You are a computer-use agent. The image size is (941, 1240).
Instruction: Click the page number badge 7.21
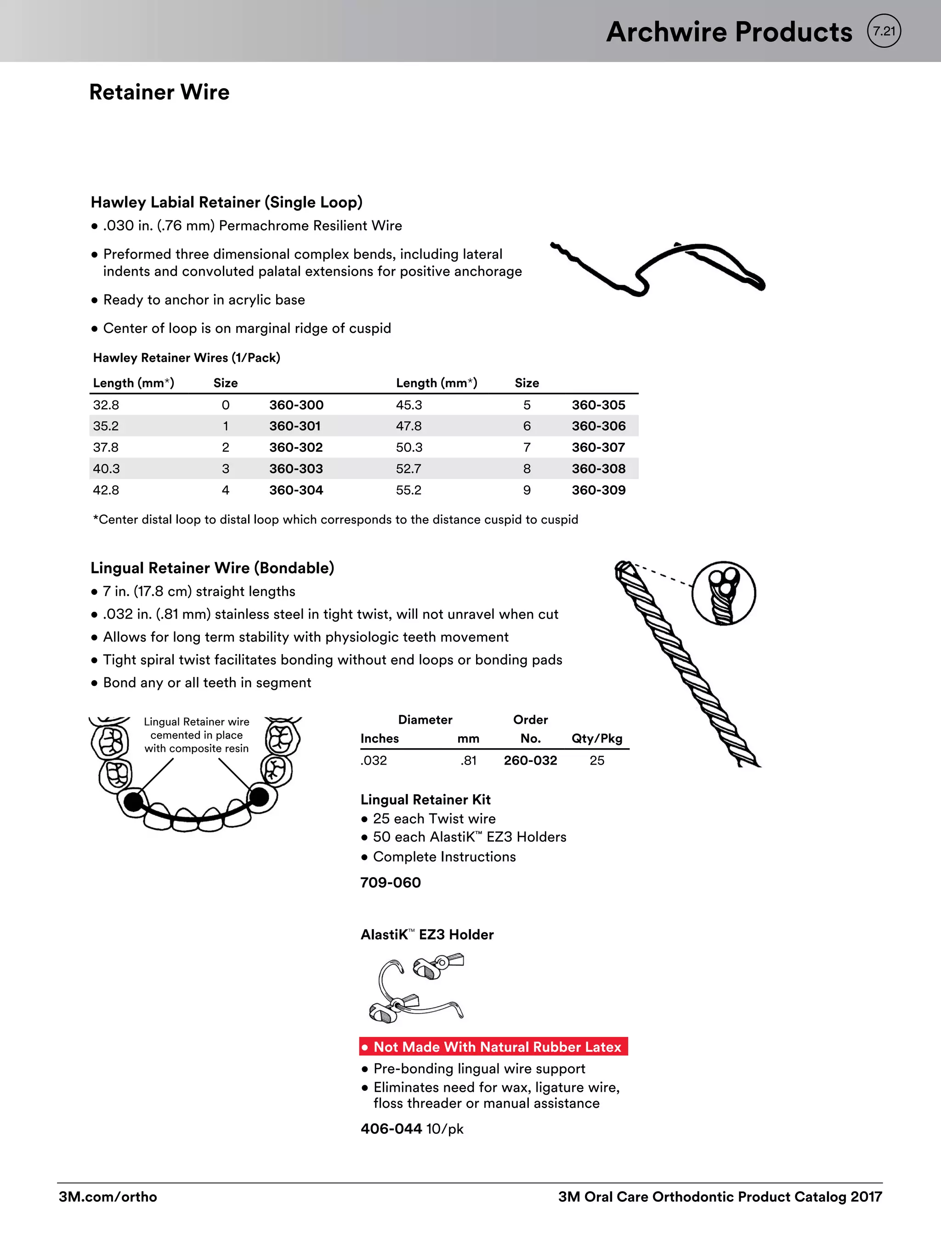(x=884, y=31)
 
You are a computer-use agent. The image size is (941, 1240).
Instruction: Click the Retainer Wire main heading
(x=159, y=92)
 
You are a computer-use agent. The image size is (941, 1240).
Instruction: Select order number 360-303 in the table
(x=295, y=468)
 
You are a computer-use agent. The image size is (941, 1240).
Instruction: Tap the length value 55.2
(x=408, y=490)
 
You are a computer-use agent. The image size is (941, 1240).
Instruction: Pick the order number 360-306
(x=598, y=426)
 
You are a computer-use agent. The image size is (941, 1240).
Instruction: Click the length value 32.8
(x=106, y=405)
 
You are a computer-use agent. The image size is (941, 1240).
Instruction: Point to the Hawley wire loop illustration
(x=657, y=268)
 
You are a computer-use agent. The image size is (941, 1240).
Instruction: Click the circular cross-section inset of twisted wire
(x=723, y=593)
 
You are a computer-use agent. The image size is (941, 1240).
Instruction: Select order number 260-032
(x=530, y=761)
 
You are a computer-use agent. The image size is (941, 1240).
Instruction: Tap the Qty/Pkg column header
(x=597, y=738)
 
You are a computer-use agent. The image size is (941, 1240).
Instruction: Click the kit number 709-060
(x=390, y=882)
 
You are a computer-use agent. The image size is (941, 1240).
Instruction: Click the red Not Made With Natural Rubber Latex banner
(x=493, y=1047)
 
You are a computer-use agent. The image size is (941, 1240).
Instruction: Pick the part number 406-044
(x=391, y=1128)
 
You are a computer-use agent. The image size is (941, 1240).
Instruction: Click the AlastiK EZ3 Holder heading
(x=427, y=935)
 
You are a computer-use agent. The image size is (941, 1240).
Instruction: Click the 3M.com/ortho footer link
(x=108, y=1197)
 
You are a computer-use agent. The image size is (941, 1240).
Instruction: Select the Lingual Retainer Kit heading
(x=425, y=800)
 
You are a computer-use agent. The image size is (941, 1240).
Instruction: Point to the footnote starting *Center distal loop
(x=335, y=520)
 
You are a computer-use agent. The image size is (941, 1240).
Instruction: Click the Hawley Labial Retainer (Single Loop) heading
(x=227, y=203)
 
